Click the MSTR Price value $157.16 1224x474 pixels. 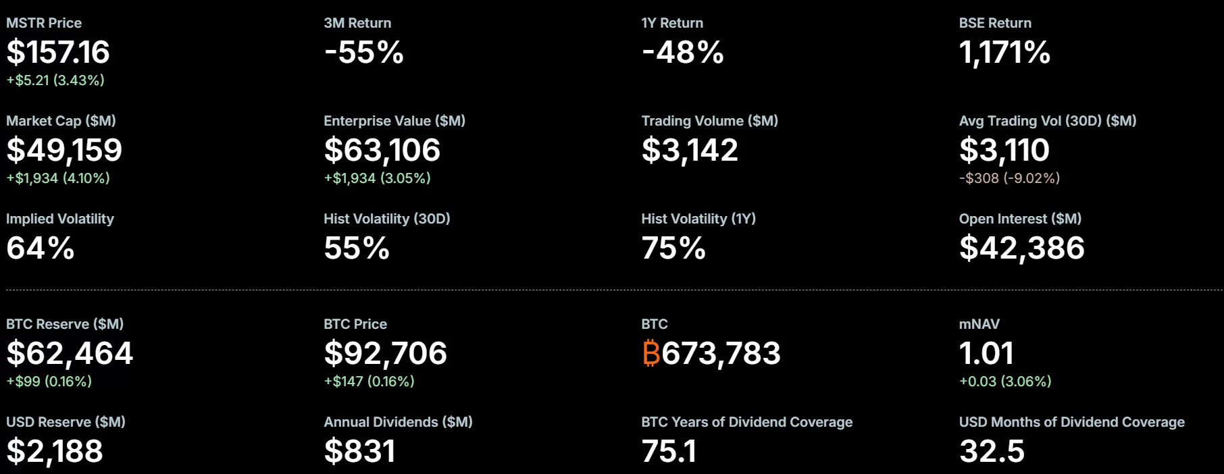click(58, 53)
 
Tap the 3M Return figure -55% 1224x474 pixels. click(363, 53)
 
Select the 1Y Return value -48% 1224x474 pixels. click(682, 53)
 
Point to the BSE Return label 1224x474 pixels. click(995, 23)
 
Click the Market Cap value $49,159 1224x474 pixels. click(64, 150)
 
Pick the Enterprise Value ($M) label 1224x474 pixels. click(394, 121)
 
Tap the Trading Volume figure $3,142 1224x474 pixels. click(690, 150)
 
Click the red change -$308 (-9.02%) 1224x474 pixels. click(1009, 178)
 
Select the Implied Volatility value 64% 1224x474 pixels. click(41, 248)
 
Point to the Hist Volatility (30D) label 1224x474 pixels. click(387, 219)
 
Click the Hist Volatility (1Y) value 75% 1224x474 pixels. click(673, 248)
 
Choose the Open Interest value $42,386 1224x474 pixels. click(1022, 248)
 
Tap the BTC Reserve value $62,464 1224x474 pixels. click(70, 353)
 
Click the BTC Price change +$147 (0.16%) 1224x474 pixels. click(369, 381)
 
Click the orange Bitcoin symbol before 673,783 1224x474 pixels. click(651, 353)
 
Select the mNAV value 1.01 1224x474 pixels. click(986, 353)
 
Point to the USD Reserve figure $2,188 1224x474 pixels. click(55, 451)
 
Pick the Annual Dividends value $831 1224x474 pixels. click(359, 451)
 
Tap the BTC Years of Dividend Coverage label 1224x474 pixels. click(747, 422)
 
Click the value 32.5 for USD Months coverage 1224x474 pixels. click(992, 451)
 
